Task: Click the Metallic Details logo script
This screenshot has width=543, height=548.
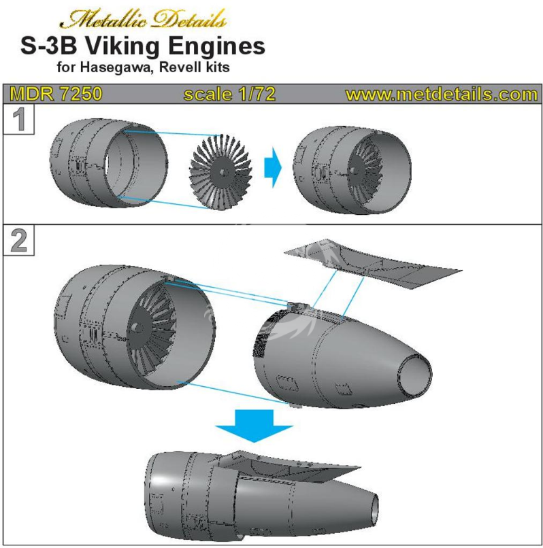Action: [x=143, y=18]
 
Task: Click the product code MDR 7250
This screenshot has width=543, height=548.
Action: [x=56, y=94]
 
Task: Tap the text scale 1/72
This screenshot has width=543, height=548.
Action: [x=229, y=94]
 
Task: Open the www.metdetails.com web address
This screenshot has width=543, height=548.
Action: [x=441, y=94]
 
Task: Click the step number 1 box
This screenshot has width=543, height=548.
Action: [x=19, y=119]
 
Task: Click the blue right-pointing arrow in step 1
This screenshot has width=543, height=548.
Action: [x=273, y=167]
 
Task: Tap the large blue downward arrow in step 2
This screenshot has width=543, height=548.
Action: [x=254, y=426]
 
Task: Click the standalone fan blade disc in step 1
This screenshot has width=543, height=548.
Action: [x=221, y=172]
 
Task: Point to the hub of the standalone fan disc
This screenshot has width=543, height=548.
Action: [x=224, y=172]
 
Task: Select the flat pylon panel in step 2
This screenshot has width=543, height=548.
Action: [x=373, y=263]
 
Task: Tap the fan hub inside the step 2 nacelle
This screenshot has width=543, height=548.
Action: [x=137, y=328]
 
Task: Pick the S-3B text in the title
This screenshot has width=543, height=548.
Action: [x=48, y=46]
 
